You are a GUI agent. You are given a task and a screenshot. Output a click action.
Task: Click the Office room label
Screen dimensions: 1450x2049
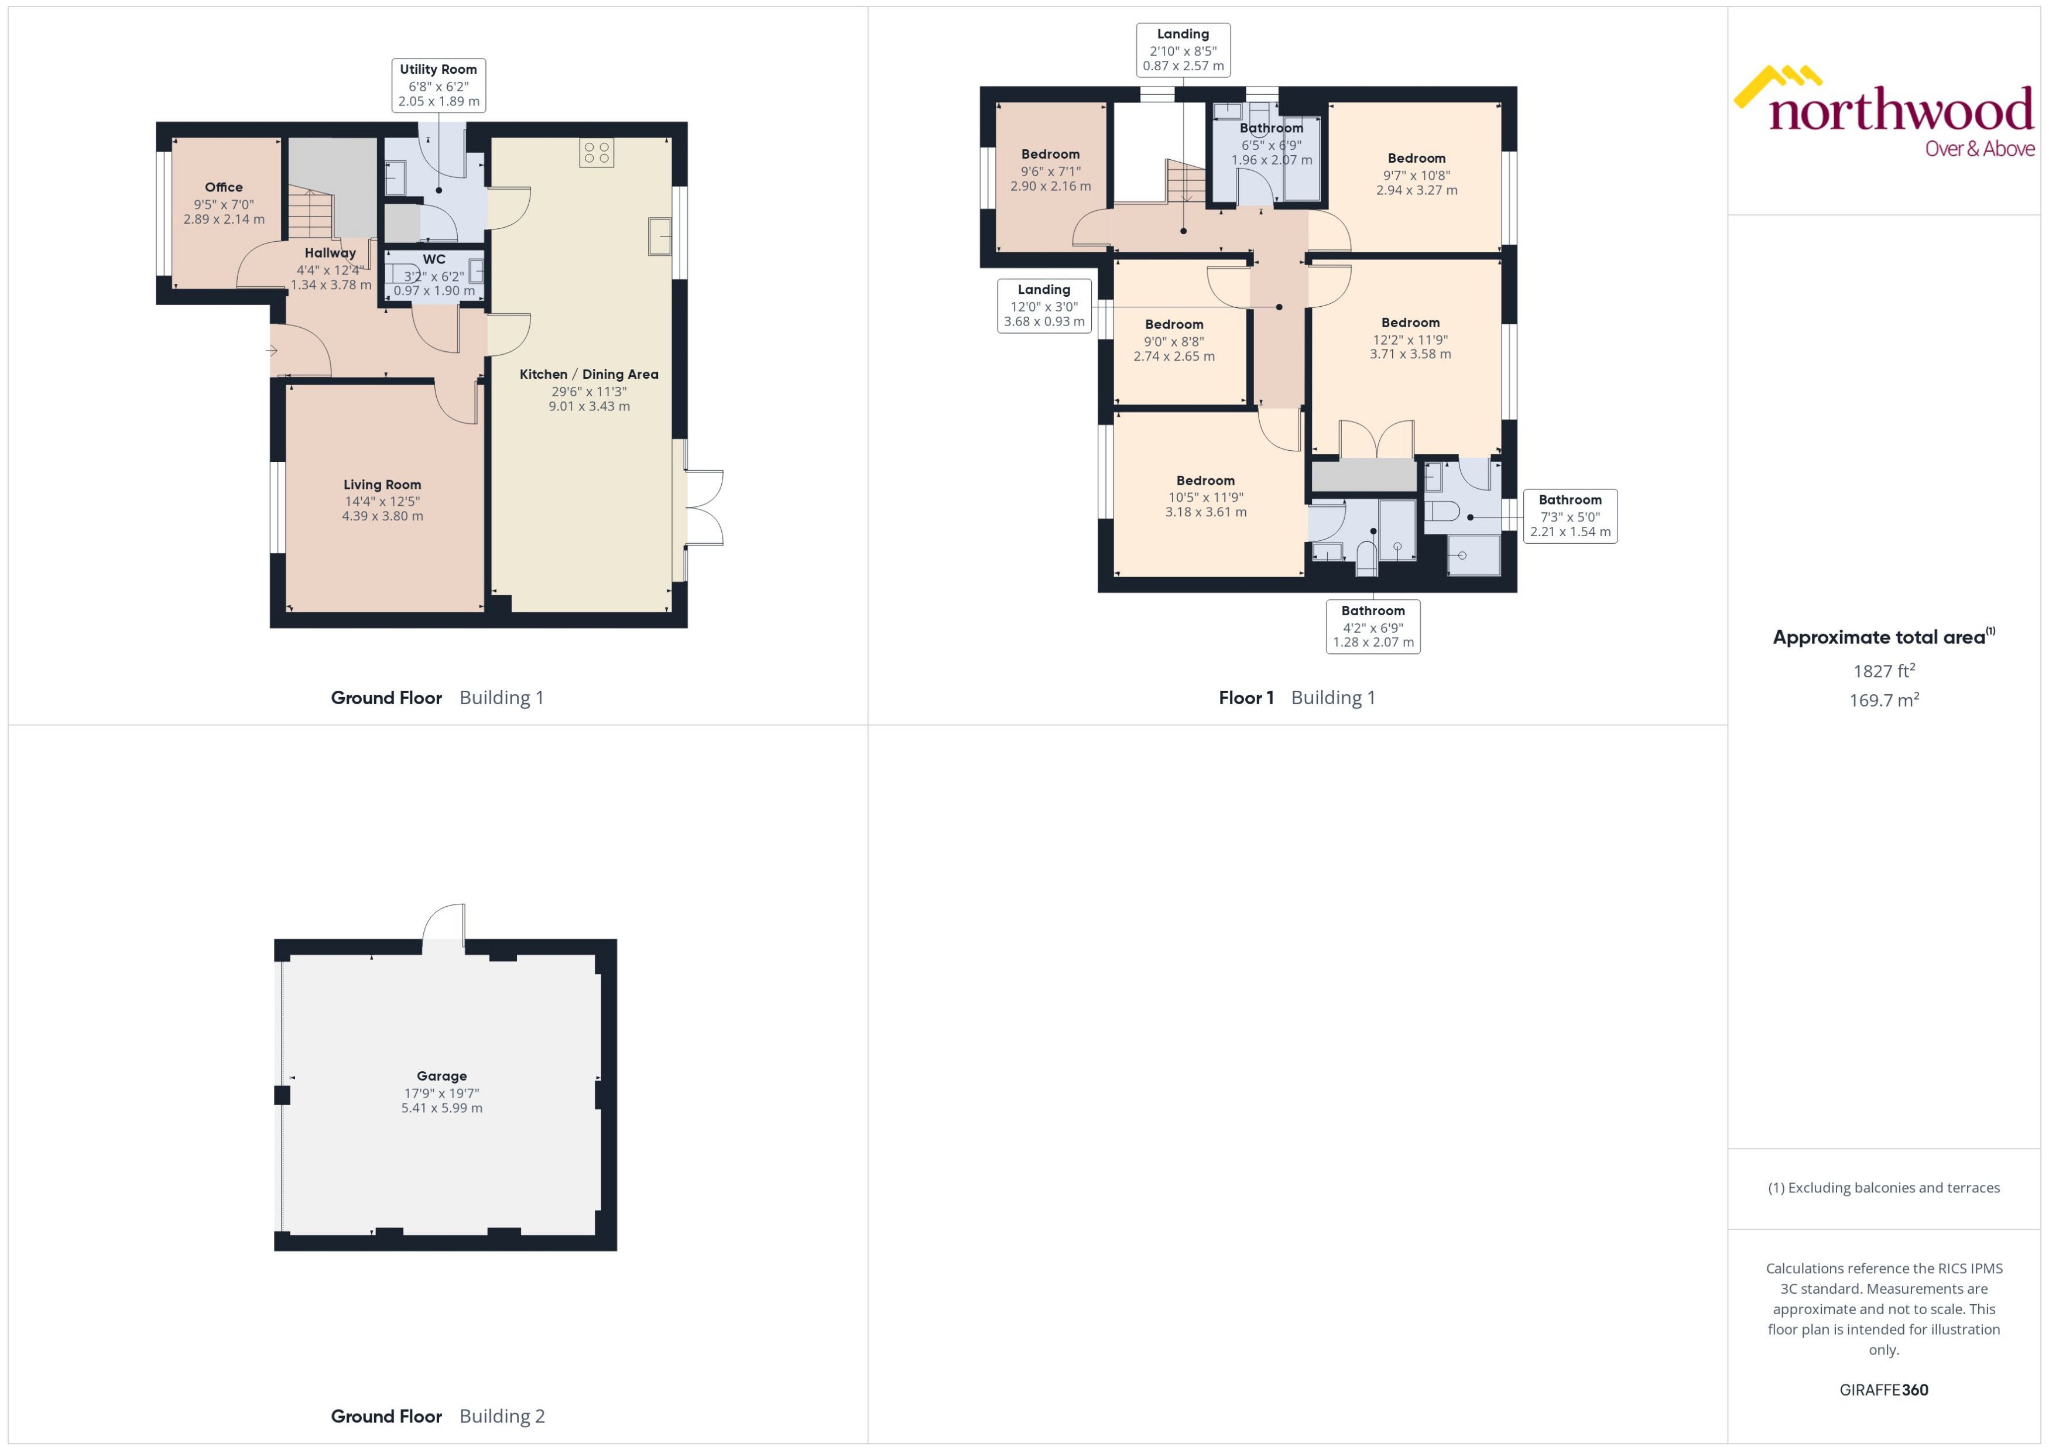(x=223, y=187)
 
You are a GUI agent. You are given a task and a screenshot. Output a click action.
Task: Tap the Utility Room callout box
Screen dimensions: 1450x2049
(x=438, y=85)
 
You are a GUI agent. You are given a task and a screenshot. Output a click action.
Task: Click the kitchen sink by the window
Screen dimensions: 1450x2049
(x=660, y=236)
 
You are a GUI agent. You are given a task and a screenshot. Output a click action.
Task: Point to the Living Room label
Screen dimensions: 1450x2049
(x=382, y=485)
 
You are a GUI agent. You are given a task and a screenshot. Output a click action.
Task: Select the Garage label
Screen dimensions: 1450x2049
(x=441, y=1077)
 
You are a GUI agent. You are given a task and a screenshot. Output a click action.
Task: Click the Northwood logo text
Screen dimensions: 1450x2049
(x=1901, y=112)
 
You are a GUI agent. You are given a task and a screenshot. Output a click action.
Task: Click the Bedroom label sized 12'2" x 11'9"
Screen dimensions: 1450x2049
(x=1410, y=323)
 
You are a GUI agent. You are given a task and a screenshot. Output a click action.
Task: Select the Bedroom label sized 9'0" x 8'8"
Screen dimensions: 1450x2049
(x=1173, y=325)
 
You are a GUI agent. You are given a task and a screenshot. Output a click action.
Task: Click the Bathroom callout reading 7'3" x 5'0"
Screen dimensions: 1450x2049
(x=1570, y=516)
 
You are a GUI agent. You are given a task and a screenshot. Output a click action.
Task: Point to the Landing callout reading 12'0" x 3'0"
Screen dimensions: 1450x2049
(x=1044, y=306)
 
